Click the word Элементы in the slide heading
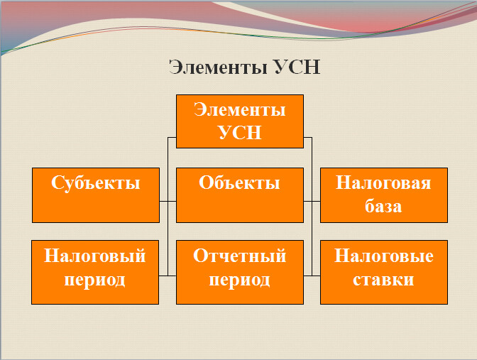coord(218,67)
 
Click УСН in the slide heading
coord(297,67)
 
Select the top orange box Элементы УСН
coord(239,121)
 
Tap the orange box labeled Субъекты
coord(96,195)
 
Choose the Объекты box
coord(239,195)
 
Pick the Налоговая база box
coord(383,195)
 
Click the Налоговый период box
coord(95,272)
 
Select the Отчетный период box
coord(239,272)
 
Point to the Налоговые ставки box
coord(383,272)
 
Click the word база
coord(383,207)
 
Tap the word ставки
coord(383,280)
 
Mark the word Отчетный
coord(239,256)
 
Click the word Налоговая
coord(383,183)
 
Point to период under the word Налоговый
coord(95,280)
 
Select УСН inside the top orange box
coord(239,133)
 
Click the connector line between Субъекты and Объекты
coord(168,201)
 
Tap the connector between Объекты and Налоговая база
coord(312,201)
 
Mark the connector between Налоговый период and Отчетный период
coord(168,275)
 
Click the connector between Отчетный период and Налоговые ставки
coord(312,275)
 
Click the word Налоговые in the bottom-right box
coord(383,256)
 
